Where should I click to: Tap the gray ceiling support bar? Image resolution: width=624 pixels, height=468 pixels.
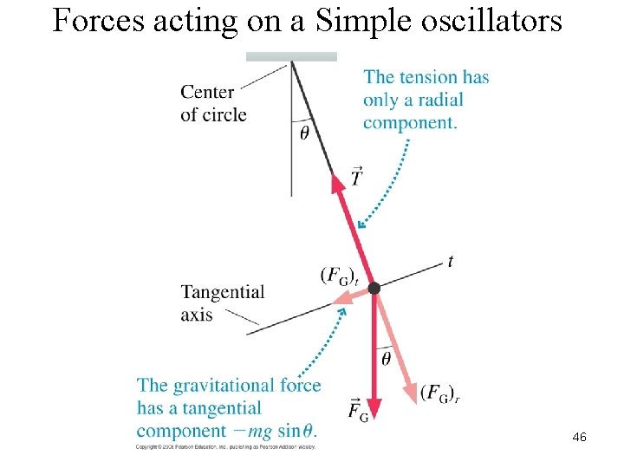coord(291,56)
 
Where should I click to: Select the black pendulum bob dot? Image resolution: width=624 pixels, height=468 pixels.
coord(374,287)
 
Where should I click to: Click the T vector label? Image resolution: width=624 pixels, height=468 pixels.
coord(356,177)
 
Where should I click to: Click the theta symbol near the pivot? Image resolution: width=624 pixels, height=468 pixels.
coord(304,133)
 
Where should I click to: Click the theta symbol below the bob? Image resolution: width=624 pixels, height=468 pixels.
coord(387,356)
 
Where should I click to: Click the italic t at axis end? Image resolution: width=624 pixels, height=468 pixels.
coord(451,261)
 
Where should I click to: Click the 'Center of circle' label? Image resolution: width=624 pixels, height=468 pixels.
coord(213,103)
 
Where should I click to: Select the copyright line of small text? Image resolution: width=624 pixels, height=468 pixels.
coord(225,446)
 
